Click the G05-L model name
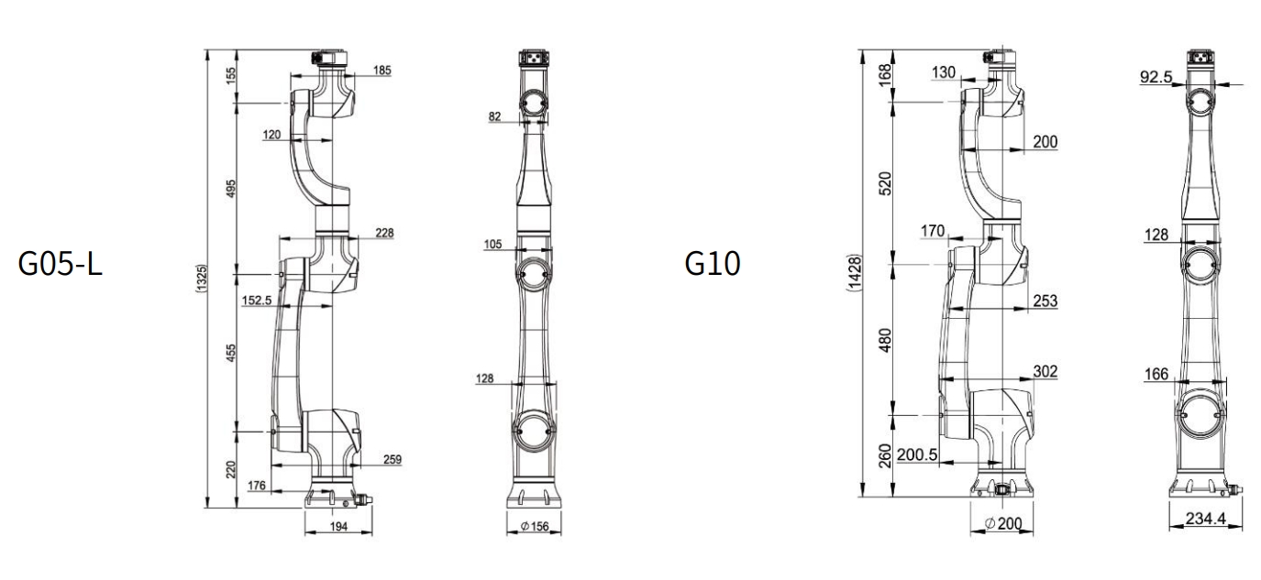(61, 263)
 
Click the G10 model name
(713, 263)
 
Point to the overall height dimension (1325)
(202, 278)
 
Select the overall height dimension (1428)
(855, 273)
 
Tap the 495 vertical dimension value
(231, 189)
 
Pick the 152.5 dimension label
(257, 301)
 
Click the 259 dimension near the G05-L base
(393, 459)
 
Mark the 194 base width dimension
(338, 527)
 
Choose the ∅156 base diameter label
(535, 527)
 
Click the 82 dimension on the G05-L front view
(494, 116)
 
